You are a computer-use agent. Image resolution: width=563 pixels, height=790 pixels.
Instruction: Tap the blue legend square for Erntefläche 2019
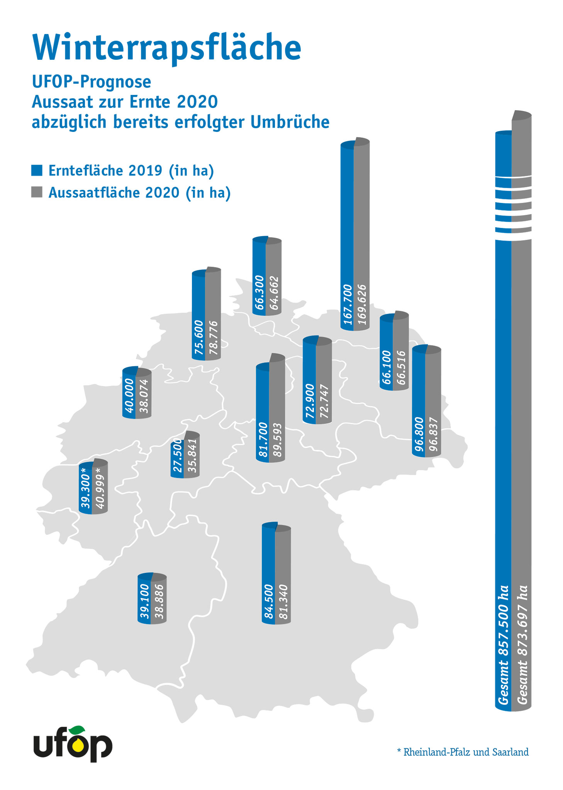pos(37,170)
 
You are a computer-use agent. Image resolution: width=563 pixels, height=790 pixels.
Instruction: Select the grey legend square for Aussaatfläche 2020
pos(37,192)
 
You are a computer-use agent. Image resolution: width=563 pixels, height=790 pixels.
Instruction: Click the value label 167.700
pos(348,304)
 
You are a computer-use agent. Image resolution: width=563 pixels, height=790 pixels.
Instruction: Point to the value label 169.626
pos(362,305)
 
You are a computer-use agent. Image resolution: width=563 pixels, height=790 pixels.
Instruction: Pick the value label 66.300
pos(259,292)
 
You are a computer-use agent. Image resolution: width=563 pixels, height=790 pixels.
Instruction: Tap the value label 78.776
pos(213,338)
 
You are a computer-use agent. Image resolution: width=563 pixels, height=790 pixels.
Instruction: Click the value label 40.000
pos(129,395)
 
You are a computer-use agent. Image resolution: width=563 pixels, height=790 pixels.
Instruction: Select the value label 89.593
pos(277,440)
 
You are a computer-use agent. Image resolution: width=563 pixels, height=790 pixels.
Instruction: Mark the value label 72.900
pos(310,401)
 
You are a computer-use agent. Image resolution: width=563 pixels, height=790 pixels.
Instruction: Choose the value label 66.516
pos(401,368)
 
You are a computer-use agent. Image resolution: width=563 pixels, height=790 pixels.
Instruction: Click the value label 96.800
pos(419,434)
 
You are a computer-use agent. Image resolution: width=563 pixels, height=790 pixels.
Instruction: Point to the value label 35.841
pos(192,456)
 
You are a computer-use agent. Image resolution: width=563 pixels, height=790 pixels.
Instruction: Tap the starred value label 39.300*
pos(85,488)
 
